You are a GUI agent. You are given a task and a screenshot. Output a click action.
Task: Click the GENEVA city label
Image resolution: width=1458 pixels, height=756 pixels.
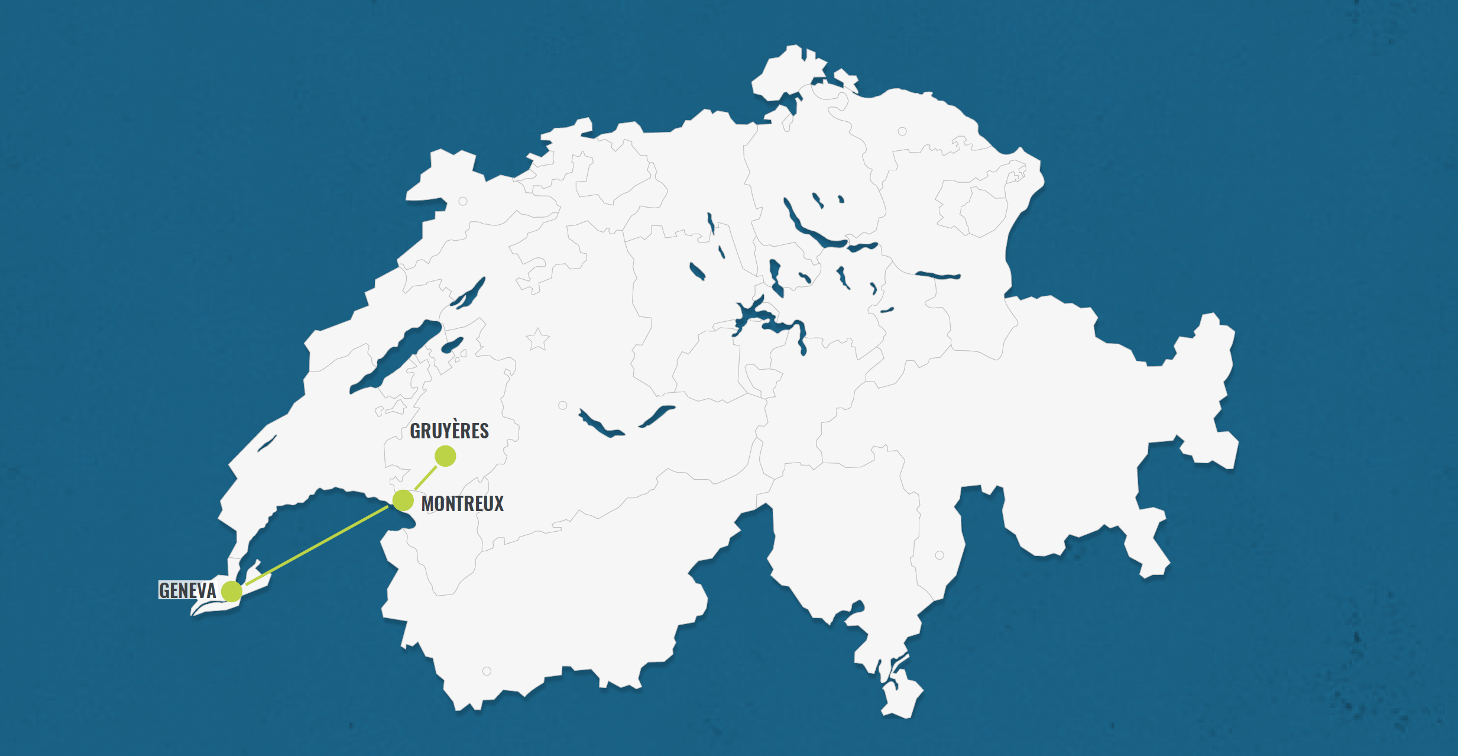click(187, 590)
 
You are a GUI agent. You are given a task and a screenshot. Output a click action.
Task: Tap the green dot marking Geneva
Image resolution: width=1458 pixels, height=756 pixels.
click(232, 591)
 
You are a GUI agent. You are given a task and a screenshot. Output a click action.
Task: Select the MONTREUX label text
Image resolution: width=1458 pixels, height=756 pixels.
click(462, 504)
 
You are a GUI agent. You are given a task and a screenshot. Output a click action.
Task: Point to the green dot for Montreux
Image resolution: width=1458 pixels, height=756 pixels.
click(403, 500)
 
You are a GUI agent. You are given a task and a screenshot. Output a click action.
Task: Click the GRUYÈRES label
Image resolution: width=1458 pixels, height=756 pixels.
click(449, 431)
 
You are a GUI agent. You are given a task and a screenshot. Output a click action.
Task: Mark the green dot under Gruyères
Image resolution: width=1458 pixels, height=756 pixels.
click(445, 456)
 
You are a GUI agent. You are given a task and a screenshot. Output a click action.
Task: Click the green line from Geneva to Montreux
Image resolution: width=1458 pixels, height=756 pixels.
click(316, 546)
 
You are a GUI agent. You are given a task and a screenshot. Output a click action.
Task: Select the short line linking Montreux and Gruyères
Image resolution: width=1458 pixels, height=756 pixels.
click(425, 477)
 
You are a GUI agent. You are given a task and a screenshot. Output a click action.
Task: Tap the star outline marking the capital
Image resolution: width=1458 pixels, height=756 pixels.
click(537, 340)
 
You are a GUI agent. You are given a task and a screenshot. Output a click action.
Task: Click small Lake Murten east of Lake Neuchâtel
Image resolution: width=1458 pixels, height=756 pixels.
click(452, 345)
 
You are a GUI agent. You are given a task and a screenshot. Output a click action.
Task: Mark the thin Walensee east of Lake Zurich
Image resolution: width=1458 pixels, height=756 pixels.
click(938, 275)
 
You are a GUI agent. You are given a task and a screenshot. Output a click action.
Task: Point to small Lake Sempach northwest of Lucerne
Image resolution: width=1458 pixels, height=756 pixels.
click(697, 271)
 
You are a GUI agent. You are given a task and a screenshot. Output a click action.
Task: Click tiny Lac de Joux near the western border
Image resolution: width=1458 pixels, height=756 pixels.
click(267, 444)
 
